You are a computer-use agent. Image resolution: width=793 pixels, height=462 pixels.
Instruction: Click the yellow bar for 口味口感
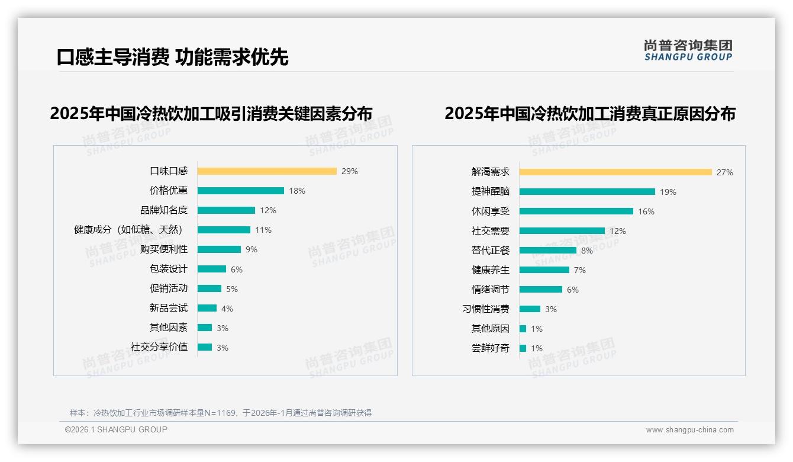pos(267,171)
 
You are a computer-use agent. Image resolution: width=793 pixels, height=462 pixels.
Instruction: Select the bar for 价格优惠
pos(241,191)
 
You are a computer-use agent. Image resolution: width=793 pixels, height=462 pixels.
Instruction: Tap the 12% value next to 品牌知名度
pos(267,210)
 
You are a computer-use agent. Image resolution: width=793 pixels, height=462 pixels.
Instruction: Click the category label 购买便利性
pos(164,249)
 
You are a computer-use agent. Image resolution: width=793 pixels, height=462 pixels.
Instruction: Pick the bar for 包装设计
pos(212,269)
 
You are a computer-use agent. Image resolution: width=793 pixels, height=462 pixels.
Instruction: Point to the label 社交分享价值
pos(159,347)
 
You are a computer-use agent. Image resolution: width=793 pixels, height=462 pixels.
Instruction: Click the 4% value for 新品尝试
pos(227,309)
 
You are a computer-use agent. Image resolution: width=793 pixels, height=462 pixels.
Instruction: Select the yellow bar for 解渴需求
pos(615,172)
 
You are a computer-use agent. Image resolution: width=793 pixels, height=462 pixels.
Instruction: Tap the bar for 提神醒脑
pos(587,192)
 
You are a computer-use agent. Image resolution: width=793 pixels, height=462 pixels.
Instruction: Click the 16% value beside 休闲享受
pos(646,211)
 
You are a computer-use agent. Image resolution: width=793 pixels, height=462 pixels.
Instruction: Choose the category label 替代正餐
pos(490,251)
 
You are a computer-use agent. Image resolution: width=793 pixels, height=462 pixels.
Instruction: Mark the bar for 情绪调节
pos(541,290)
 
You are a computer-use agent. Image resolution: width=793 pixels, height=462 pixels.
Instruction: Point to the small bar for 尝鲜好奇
pos(523,348)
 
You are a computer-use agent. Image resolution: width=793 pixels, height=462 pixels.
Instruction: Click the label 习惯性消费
pos(485,309)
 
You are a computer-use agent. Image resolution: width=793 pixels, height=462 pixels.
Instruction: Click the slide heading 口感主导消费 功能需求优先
pos(172,57)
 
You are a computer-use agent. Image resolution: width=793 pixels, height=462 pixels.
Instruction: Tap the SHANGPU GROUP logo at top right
pos(688,50)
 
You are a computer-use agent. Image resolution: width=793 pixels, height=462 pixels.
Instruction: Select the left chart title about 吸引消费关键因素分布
pos(211,113)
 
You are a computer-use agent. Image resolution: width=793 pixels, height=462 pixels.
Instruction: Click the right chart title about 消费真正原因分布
pos(589,113)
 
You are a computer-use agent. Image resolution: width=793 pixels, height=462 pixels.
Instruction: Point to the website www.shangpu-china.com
pos(689,430)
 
